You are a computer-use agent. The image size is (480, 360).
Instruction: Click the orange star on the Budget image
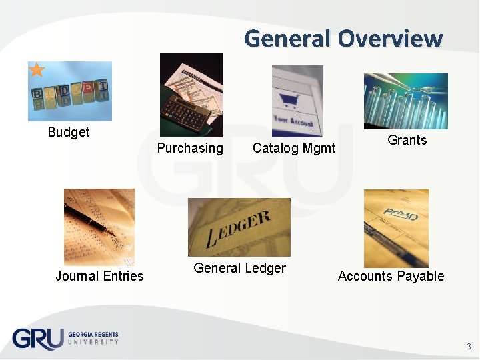tap(37, 69)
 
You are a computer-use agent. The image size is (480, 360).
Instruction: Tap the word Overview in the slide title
tap(389, 38)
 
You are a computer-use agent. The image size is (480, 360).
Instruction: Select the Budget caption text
tap(69, 132)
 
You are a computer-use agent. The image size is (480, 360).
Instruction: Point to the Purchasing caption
tap(190, 148)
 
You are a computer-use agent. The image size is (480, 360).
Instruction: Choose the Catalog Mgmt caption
tap(294, 148)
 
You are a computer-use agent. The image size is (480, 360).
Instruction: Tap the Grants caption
tap(407, 140)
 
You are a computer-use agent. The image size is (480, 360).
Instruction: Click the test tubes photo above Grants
tap(405, 101)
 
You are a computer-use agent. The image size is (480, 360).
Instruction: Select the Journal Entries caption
tap(99, 276)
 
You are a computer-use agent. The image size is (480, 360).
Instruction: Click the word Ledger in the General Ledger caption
tap(265, 268)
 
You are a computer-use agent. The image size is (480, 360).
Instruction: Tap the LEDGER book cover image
tap(239, 227)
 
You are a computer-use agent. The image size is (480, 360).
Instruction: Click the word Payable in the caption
tap(421, 276)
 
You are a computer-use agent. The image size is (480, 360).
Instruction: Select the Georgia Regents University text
tap(93, 338)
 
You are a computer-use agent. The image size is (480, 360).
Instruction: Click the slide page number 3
tap(469, 346)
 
